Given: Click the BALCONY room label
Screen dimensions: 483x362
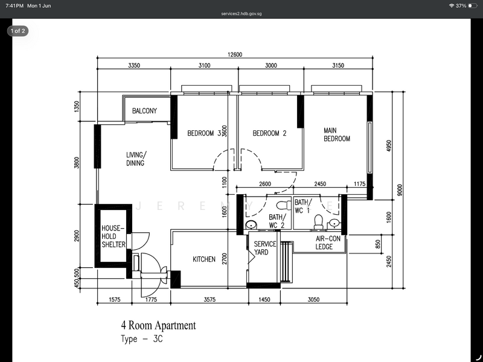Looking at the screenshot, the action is tap(144, 111).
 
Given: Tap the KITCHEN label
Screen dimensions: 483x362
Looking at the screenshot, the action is tap(204, 259).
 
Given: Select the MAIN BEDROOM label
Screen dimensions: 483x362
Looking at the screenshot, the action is tap(337, 135).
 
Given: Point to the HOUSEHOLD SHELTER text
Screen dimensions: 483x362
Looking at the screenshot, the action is tap(114, 237).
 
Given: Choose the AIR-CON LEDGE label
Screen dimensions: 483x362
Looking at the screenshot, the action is tap(328, 243).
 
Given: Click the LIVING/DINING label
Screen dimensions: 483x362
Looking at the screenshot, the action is tap(136, 159).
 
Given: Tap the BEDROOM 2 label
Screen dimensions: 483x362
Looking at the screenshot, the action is tap(269, 133).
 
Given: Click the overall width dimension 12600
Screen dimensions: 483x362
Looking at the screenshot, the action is tap(235, 54).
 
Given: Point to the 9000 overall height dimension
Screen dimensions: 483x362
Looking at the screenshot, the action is tap(400, 190).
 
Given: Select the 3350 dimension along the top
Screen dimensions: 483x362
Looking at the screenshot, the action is tap(134, 65).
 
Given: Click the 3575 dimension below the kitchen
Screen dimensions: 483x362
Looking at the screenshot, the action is tap(210, 299).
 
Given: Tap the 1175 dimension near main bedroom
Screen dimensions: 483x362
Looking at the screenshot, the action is tap(359, 184).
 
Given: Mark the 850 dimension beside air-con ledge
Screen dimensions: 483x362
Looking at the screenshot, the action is tap(378, 244).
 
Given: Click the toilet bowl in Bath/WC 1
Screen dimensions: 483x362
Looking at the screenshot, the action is tap(319, 221).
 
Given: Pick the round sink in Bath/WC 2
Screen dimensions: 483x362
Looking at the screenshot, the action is tap(251, 225).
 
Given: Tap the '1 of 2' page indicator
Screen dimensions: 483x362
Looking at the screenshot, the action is tap(18, 31).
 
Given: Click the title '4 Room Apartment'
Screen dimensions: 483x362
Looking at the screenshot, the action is tap(158, 325).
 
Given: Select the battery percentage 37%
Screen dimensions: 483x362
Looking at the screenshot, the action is tap(461, 5).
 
